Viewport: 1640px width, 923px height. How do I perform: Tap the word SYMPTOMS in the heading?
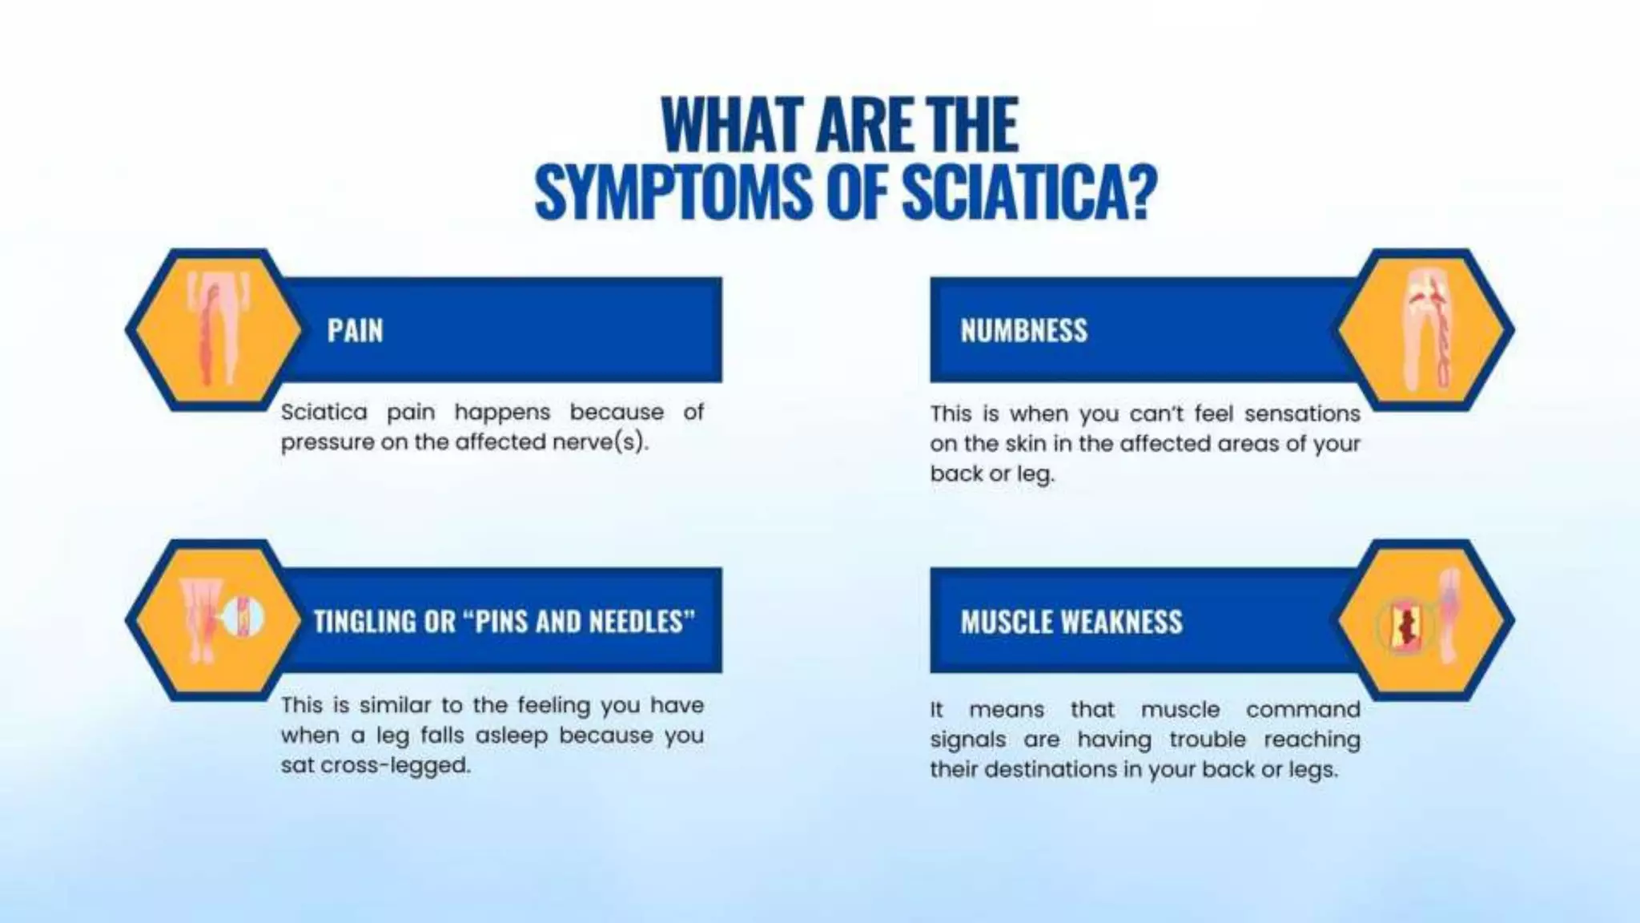pos(673,192)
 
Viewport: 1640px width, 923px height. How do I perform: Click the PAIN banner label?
pos(355,330)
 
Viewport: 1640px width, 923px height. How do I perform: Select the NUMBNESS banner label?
pos(1023,330)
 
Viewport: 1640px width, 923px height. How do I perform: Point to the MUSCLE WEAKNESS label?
pos(1071,622)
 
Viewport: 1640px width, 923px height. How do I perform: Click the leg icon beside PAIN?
pos(215,330)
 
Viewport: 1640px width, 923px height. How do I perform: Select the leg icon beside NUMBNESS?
pos(1426,330)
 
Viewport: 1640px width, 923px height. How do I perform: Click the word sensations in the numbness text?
pos(1302,414)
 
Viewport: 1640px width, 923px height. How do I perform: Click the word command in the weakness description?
pos(1302,710)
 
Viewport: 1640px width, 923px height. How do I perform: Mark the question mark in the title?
pos(1140,192)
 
